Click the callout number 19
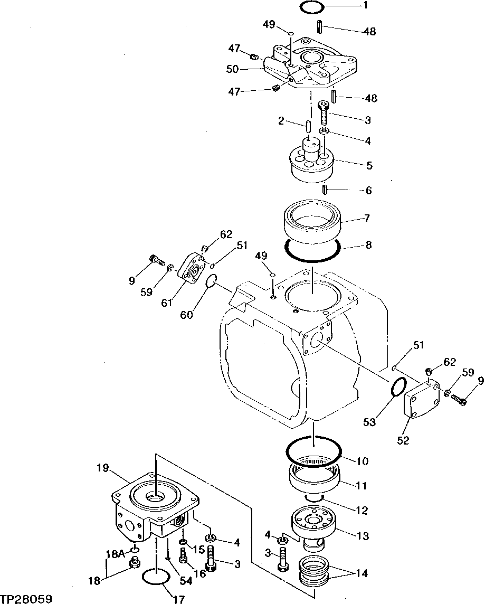tap(102, 467)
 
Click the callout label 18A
tap(116, 554)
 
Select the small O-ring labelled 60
tap(210, 282)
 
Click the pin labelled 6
tap(326, 190)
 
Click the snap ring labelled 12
tap(315, 498)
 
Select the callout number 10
tap(362, 461)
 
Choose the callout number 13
tap(363, 537)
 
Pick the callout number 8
tap(368, 245)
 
